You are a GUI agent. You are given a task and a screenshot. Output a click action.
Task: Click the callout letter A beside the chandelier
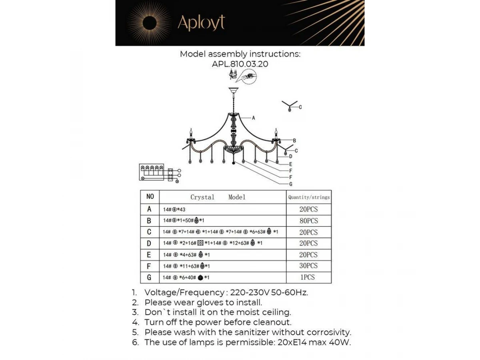pyautogui.click(x=254, y=118)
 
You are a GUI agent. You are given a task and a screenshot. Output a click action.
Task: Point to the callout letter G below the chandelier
pyautogui.click(x=291, y=184)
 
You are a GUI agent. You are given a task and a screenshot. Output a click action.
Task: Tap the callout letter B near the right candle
pyautogui.click(x=294, y=140)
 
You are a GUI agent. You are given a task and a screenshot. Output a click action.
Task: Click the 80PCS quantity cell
pyautogui.click(x=308, y=220)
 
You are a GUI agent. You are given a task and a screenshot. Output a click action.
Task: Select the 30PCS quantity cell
pyautogui.click(x=308, y=266)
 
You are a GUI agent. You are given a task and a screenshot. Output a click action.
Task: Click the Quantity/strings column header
pyautogui.click(x=309, y=197)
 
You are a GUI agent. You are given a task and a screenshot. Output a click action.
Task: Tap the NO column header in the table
pyautogui.click(x=150, y=196)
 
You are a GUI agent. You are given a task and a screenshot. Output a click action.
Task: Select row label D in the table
pyautogui.click(x=150, y=243)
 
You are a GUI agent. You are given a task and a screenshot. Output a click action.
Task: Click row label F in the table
pyautogui.click(x=150, y=266)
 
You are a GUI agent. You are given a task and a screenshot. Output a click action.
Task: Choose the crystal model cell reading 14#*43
pyautogui.click(x=174, y=209)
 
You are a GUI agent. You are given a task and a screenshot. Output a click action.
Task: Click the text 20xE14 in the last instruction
pyautogui.click(x=294, y=342)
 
